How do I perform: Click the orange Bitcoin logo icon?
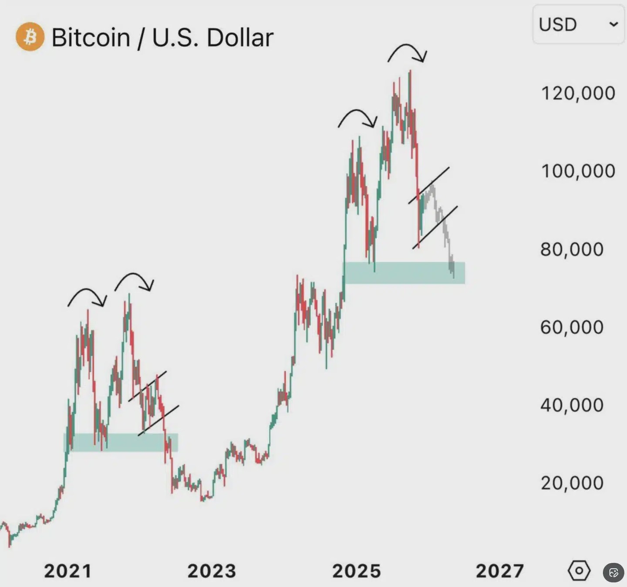tap(30, 37)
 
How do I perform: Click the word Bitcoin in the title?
tap(91, 37)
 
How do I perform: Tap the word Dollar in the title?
tap(240, 37)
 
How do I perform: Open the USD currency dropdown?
tap(578, 24)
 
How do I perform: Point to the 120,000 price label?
tap(578, 93)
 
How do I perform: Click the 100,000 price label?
tap(578, 171)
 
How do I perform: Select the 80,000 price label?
tap(572, 249)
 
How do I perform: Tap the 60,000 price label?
tap(572, 327)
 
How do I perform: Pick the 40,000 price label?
tap(572, 405)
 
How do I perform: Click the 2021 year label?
tap(68, 571)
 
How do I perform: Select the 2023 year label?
tap(212, 571)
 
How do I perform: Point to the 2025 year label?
tap(357, 571)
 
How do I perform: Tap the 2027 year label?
tap(500, 571)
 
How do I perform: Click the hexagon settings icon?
tap(579, 570)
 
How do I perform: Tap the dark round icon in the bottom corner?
tap(614, 572)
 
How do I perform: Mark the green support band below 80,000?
tap(404, 273)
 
